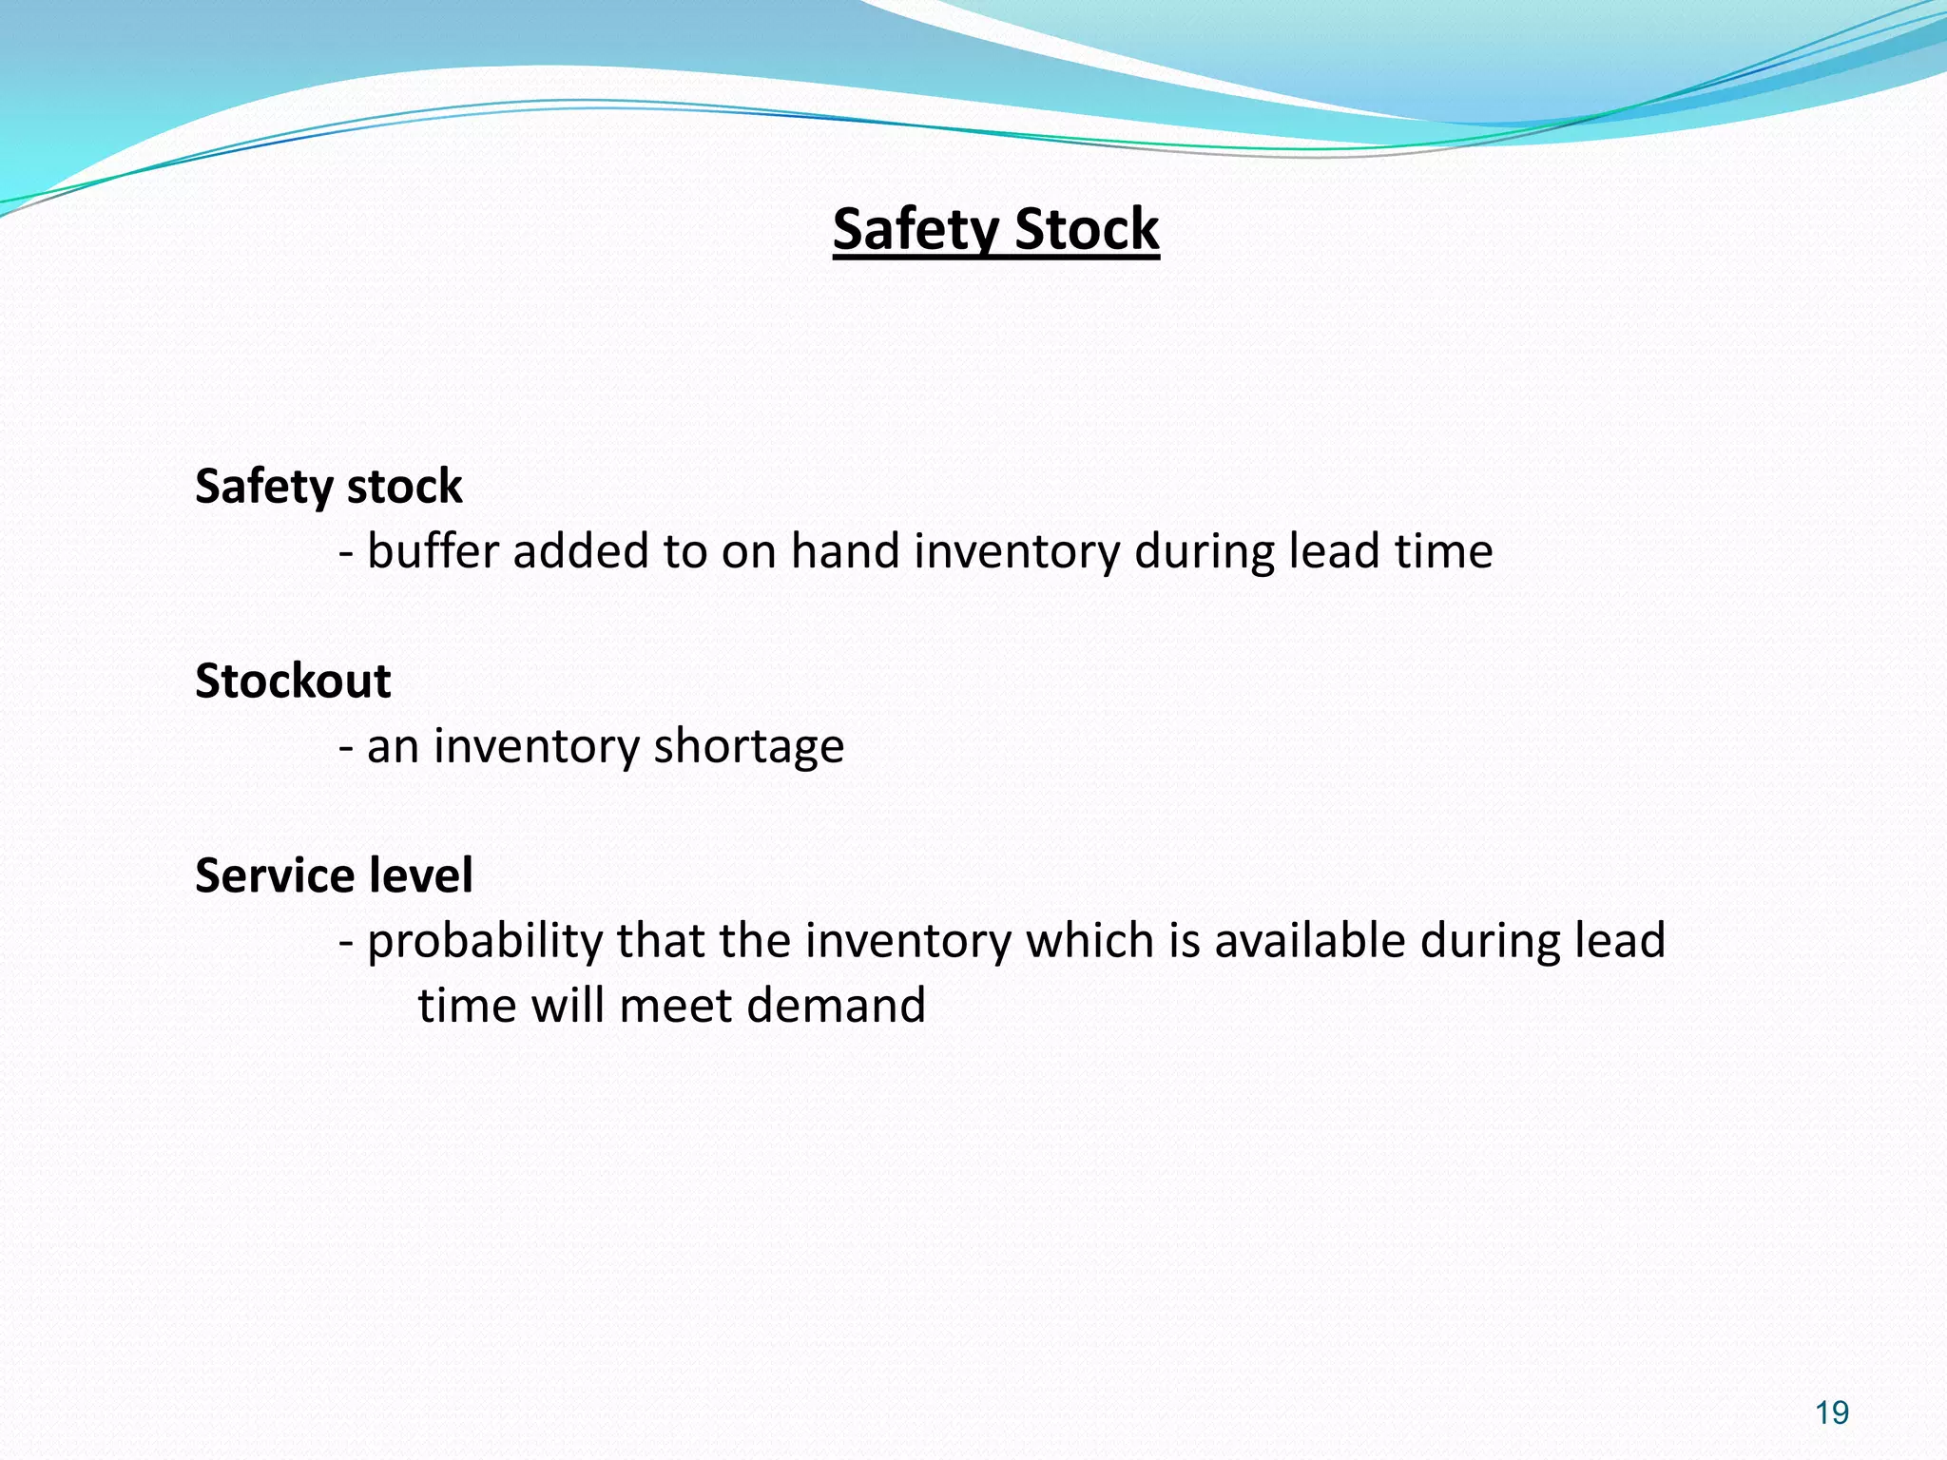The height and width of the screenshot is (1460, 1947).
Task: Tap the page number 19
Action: [x=1831, y=1412]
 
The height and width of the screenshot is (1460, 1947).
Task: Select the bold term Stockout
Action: [x=293, y=681]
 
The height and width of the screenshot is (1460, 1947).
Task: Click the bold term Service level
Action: [x=334, y=874]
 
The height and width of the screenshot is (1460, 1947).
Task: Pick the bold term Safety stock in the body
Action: [x=328, y=486]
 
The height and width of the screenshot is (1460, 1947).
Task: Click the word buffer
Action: [x=433, y=551]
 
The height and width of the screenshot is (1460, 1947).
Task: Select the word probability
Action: [x=485, y=941]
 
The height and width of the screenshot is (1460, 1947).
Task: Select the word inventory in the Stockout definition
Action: [x=536, y=747]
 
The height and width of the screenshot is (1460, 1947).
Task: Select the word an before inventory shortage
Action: [x=393, y=747]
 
